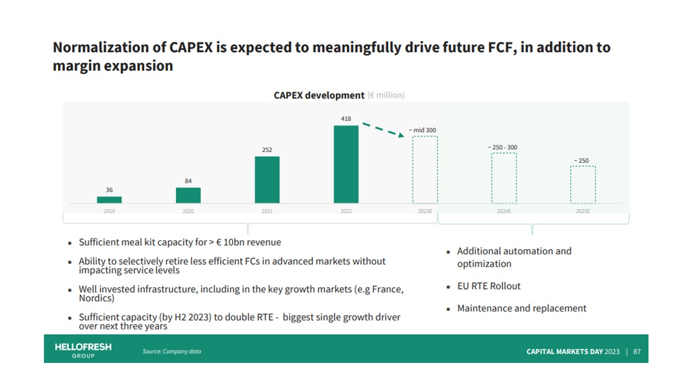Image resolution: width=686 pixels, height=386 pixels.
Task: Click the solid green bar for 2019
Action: (x=109, y=199)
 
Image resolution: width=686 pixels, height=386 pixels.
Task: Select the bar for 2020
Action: (x=188, y=195)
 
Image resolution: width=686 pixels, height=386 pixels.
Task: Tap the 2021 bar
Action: (x=267, y=180)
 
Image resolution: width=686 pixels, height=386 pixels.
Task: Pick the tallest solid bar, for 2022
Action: (x=346, y=164)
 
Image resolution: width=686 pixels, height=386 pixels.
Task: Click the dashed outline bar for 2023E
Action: (x=425, y=169)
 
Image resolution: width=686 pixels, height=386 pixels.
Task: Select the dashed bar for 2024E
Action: (x=504, y=178)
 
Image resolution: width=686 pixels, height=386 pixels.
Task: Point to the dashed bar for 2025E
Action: (x=583, y=184)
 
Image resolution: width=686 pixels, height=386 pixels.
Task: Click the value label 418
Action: (x=346, y=118)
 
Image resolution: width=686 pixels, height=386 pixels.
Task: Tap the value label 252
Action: (x=267, y=150)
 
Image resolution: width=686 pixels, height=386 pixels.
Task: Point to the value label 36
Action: (x=109, y=190)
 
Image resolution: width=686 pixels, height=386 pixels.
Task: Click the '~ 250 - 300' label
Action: (x=502, y=147)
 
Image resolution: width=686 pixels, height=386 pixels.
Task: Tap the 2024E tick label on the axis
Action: (x=504, y=211)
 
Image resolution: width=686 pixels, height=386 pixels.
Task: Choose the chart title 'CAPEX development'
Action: (x=319, y=95)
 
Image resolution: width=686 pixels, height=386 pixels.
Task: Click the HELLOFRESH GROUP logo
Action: (x=83, y=350)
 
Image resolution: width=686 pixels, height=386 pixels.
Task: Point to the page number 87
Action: (x=637, y=352)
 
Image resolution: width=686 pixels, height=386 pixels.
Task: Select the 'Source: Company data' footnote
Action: (x=171, y=352)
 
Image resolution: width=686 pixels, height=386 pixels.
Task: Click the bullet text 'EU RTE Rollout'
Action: (x=489, y=286)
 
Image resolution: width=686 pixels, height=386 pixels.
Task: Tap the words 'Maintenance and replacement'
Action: (x=521, y=308)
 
